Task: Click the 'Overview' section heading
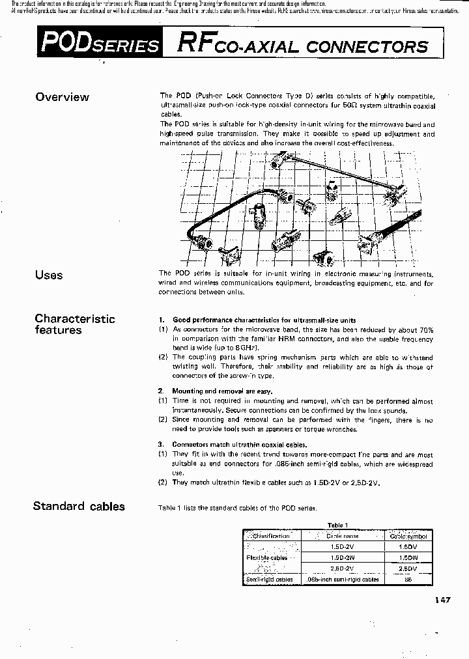click(x=62, y=97)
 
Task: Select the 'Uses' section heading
click(x=49, y=275)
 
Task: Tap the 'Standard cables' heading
click(x=79, y=506)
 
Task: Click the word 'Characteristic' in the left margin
click(x=74, y=318)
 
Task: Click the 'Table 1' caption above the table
click(x=337, y=525)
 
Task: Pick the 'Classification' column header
click(x=270, y=536)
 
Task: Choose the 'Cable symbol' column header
click(x=408, y=536)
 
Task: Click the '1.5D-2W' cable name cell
click(x=342, y=557)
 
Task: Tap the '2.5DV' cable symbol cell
click(x=408, y=568)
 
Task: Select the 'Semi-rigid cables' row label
click(x=270, y=579)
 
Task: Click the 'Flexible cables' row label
click(x=266, y=558)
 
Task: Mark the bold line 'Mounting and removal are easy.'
click(x=221, y=391)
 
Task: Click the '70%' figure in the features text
click(x=423, y=330)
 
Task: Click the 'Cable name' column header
click(x=342, y=536)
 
